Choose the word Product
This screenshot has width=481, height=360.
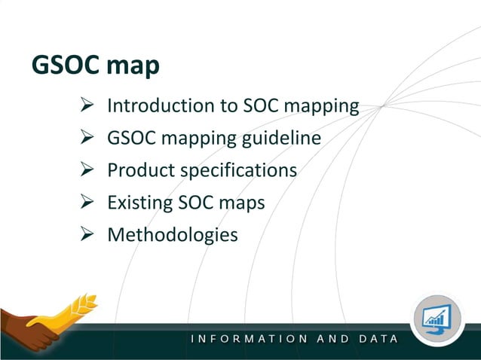coord(141,171)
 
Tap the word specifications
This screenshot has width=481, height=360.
coord(238,171)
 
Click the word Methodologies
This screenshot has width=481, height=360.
coord(173,236)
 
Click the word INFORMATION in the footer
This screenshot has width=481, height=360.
coord(249,339)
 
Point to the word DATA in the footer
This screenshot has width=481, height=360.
coord(379,339)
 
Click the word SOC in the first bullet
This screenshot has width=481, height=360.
coord(262,106)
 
